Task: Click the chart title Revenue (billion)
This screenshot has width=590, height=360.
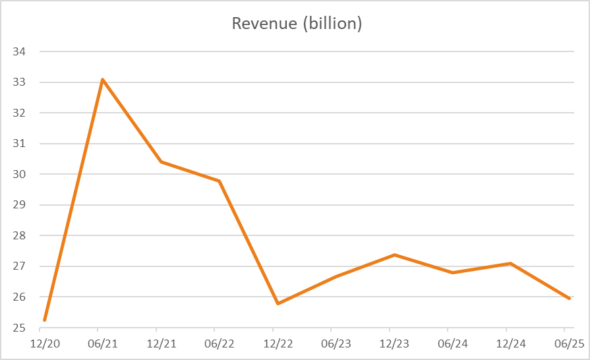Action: pyautogui.click(x=297, y=24)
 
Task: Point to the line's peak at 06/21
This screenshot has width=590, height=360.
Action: pyautogui.click(x=103, y=80)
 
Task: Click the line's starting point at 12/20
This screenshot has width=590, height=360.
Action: pyautogui.click(x=44, y=320)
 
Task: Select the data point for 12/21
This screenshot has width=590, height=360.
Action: pyautogui.click(x=161, y=162)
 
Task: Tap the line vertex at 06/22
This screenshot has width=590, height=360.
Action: pyautogui.click(x=219, y=181)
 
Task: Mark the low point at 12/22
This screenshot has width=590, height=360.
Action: pyautogui.click(x=278, y=303)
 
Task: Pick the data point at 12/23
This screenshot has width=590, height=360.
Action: pyautogui.click(x=394, y=255)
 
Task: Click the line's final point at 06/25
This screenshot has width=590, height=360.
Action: pyautogui.click(x=569, y=299)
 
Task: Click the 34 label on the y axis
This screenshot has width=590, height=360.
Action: pyautogui.click(x=18, y=51)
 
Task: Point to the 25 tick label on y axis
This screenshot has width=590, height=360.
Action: pyautogui.click(x=18, y=328)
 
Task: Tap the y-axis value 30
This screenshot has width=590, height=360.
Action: pyautogui.click(x=18, y=174)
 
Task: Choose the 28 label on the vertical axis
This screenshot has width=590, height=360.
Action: pyautogui.click(x=18, y=235)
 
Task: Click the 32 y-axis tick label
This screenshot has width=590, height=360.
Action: pyautogui.click(x=18, y=113)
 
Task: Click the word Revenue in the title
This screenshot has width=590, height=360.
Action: pyautogui.click(x=260, y=24)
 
